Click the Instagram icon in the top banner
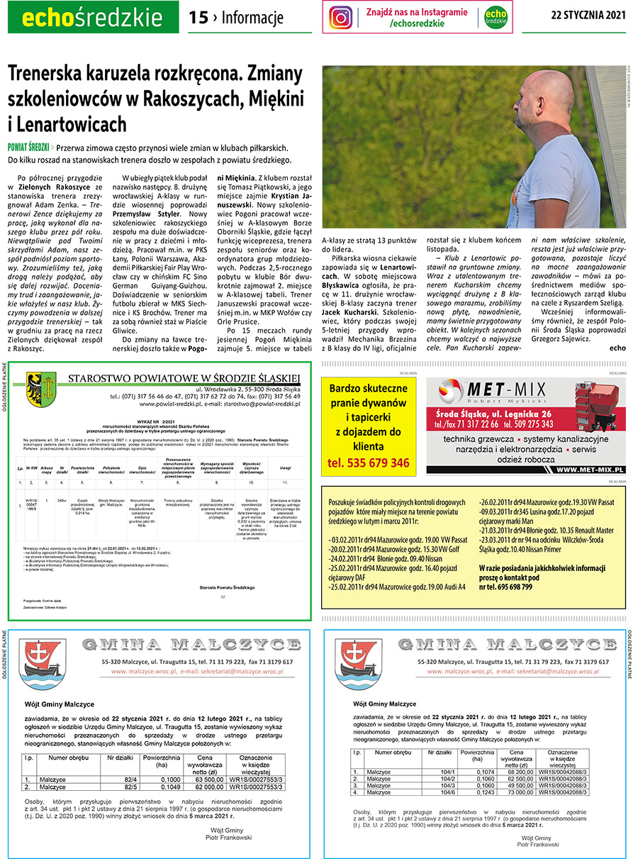point(341,17)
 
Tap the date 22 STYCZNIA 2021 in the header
point(588,16)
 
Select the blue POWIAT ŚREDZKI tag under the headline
point(28,148)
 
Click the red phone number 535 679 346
point(369,463)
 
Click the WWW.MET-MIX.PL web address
point(589,470)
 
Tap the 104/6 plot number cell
point(447,792)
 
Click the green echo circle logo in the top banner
point(496,17)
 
